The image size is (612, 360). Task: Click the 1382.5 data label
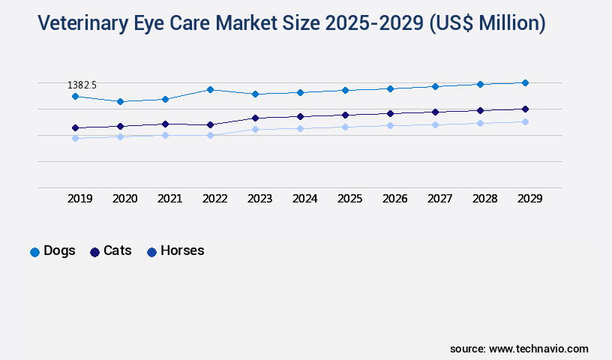(x=82, y=85)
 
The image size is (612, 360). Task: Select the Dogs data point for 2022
(x=211, y=89)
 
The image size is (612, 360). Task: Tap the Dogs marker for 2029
(x=525, y=82)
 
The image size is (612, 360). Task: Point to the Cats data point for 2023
(x=256, y=118)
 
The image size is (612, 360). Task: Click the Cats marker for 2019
(x=75, y=127)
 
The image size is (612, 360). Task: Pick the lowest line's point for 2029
(x=525, y=121)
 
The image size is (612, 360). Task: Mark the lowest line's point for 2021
(x=165, y=135)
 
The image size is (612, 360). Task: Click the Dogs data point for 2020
(x=120, y=101)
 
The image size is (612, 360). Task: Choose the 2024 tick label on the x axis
(x=305, y=199)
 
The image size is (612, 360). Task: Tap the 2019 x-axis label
(x=80, y=199)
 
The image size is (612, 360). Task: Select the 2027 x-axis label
(x=440, y=199)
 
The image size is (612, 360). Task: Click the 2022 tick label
(x=215, y=199)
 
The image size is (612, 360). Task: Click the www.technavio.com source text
(x=538, y=349)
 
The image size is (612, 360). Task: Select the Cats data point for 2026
(x=390, y=113)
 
